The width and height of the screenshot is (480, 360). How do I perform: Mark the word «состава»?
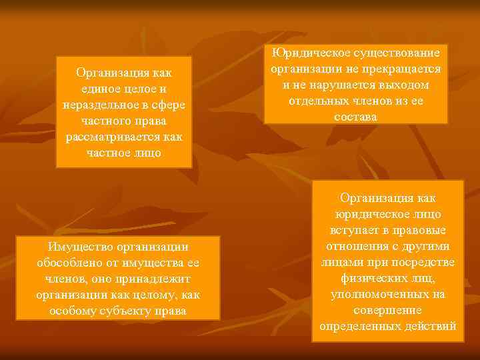[x=355, y=117]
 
